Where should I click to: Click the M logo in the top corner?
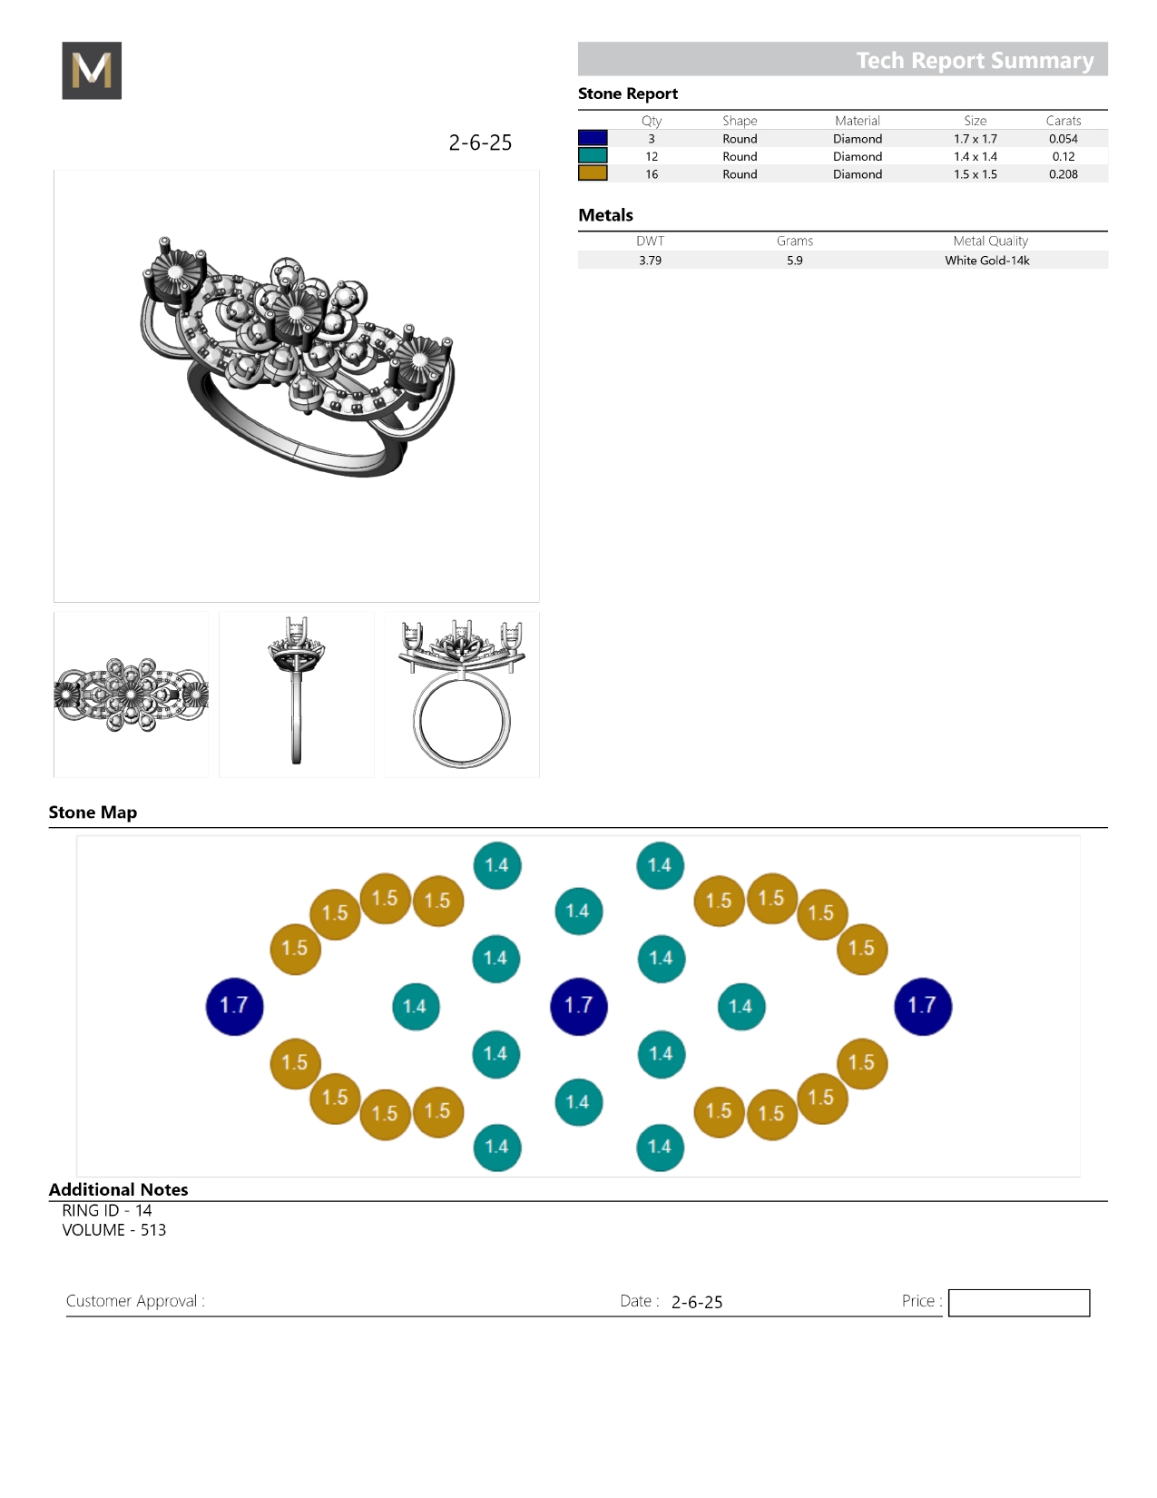point(92,70)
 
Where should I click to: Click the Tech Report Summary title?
point(975,60)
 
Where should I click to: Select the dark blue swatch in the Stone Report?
point(593,138)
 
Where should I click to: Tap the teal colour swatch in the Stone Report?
point(593,156)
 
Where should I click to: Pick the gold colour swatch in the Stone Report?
point(593,173)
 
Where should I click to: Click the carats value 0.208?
point(1063,174)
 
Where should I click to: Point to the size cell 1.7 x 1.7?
point(976,139)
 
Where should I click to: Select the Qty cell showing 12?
point(652,156)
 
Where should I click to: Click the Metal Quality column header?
point(990,241)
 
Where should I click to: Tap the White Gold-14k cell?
point(986,260)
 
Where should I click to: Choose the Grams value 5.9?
point(795,260)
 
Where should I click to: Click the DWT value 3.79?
point(650,260)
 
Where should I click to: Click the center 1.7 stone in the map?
point(579,1006)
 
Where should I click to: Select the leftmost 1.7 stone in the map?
point(234,1006)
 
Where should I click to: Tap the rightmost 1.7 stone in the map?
point(923,1006)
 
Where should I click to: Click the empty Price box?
point(1018,1302)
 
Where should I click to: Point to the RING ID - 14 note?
point(107,1210)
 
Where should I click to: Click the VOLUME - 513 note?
point(113,1230)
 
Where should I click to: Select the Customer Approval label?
point(135,1300)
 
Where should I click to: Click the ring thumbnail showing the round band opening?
point(462,695)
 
